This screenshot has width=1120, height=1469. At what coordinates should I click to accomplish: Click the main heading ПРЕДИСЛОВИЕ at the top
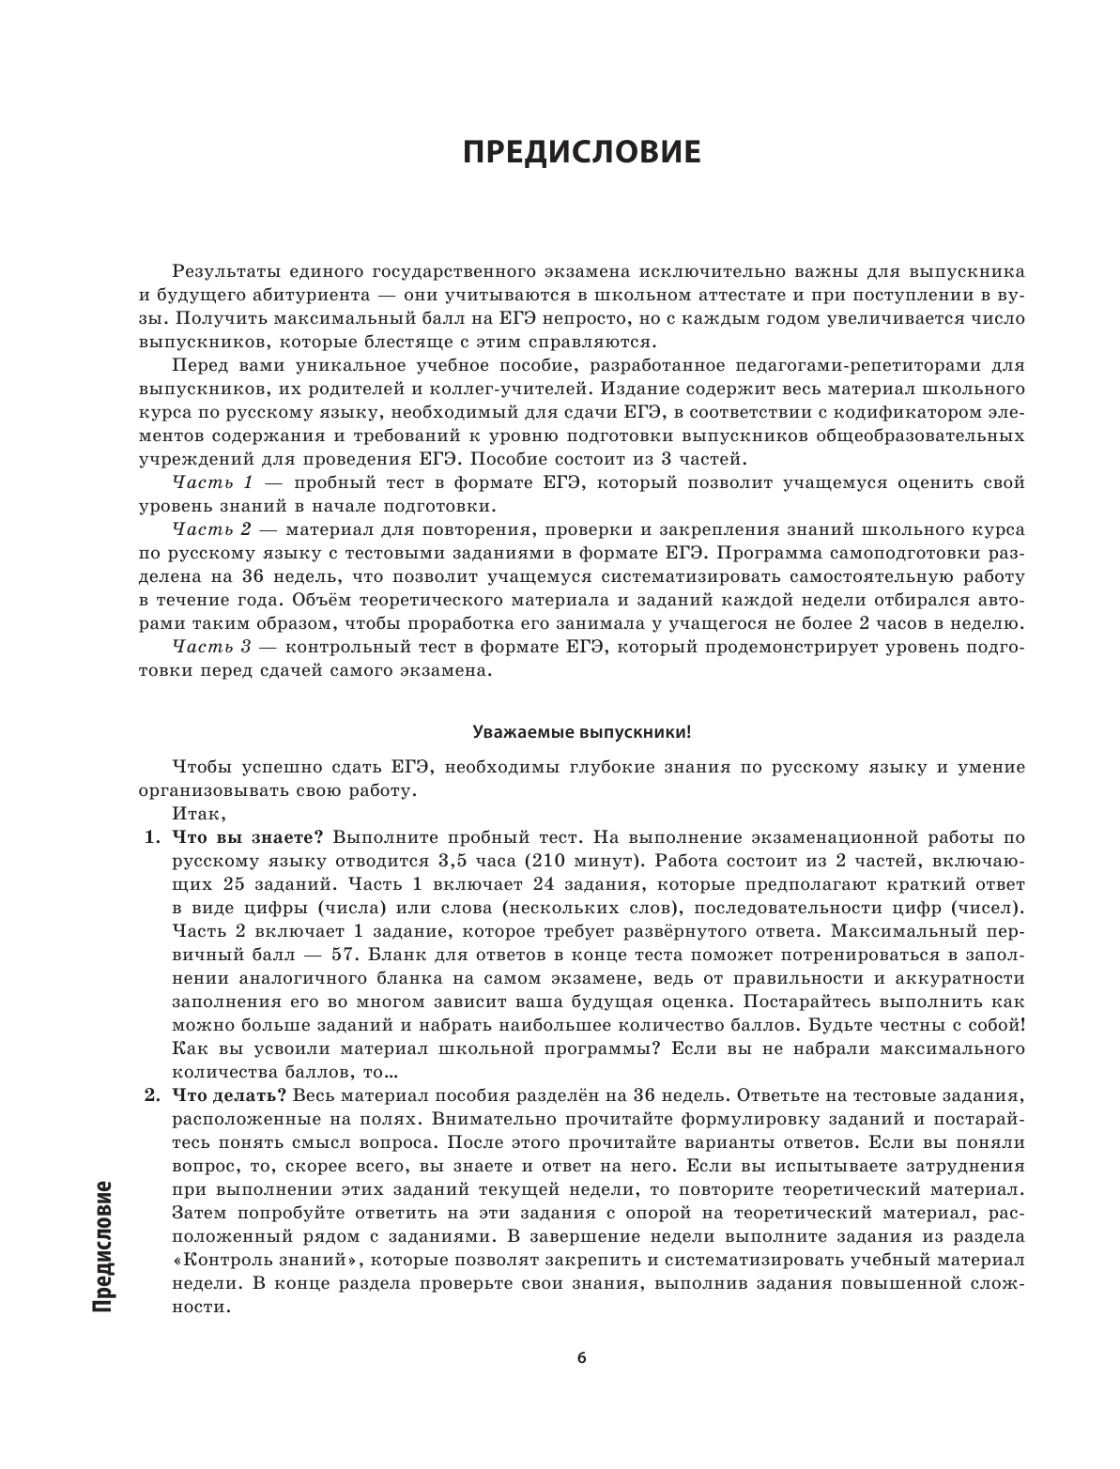pyautogui.click(x=582, y=152)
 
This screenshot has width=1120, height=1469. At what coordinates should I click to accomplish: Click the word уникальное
pyautogui.click(x=364, y=365)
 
